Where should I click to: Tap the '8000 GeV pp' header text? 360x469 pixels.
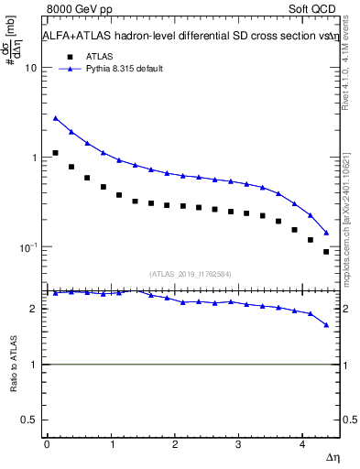[x=72, y=8]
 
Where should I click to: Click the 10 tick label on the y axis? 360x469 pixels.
[x=30, y=69]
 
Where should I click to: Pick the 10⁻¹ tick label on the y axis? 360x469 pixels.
[x=27, y=247]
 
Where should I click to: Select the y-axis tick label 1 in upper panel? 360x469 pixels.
[x=34, y=158]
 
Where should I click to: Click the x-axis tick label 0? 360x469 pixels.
[x=47, y=444]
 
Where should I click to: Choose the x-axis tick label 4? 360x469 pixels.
[x=301, y=444]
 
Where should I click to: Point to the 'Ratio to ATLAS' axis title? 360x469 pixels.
[x=13, y=365]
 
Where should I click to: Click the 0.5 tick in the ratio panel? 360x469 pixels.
[x=30, y=420]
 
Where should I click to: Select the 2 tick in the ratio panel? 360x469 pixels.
[x=34, y=309]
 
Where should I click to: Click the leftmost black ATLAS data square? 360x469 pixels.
[x=56, y=153]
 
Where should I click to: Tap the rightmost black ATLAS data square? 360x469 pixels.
[x=326, y=252]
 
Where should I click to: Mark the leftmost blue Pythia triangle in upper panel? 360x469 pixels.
[x=56, y=118]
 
